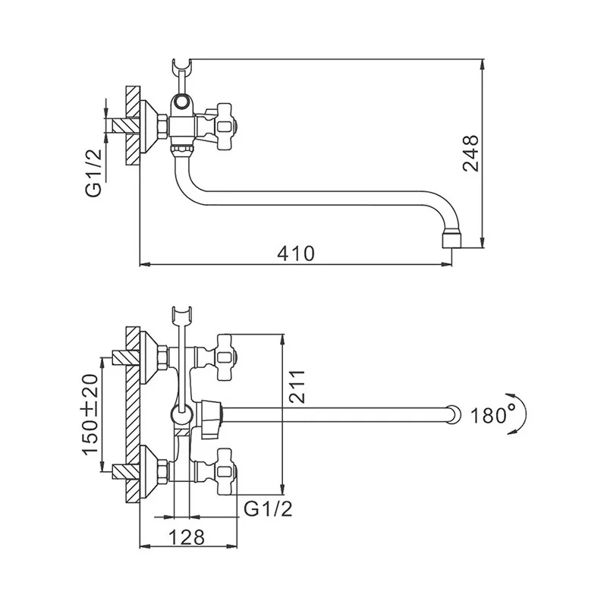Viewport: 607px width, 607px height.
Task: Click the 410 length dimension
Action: coord(296,254)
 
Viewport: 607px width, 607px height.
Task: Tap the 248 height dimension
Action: coord(471,153)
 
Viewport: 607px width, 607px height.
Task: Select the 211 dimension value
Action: coord(297,387)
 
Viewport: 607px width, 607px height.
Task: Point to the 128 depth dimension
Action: coord(187,537)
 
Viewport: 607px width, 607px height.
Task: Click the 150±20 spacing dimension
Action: coord(90,414)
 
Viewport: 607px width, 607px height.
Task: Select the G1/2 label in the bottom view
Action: coord(268,508)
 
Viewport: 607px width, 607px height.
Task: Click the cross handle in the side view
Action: coord(225,126)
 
